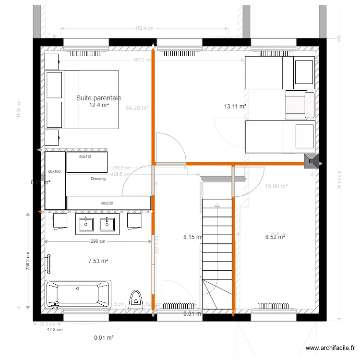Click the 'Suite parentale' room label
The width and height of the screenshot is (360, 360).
click(98, 98)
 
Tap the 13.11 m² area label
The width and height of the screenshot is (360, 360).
click(235, 106)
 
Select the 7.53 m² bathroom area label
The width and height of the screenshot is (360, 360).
click(98, 261)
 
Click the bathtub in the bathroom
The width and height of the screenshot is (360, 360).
click(78, 294)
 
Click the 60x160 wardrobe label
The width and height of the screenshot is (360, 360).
click(54, 171)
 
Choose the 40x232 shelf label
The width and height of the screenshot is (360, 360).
click(107, 203)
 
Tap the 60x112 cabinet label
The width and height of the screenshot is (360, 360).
click(85, 156)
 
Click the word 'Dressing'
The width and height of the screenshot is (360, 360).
click(98, 179)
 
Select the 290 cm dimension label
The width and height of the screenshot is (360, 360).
click(98, 241)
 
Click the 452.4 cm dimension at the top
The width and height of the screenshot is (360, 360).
click(144, 28)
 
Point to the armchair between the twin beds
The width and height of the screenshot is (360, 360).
click(299, 105)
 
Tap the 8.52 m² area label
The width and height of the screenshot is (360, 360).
click(276, 237)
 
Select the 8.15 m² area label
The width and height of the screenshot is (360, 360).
click(193, 237)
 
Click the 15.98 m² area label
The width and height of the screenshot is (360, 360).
click(276, 186)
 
